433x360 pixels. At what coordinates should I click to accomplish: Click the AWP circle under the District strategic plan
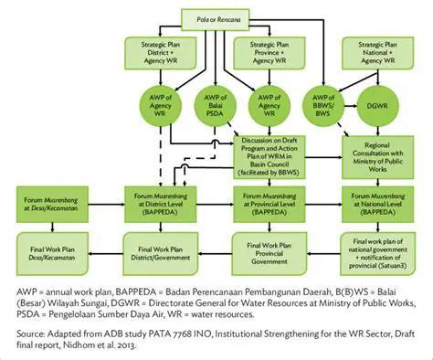(x=158, y=105)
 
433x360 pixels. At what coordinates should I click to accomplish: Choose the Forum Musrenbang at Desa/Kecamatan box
(x=50, y=201)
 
